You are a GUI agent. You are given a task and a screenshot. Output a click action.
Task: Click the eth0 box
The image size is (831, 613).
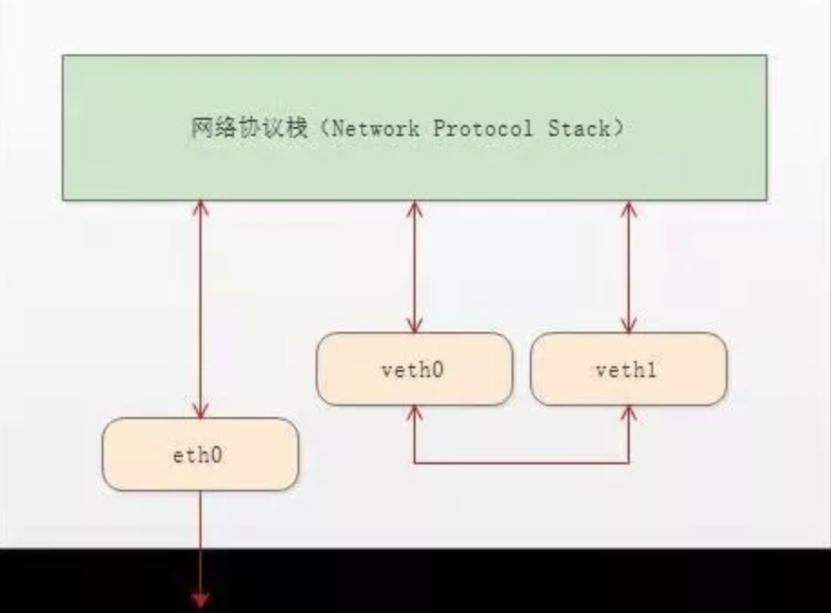click(x=200, y=454)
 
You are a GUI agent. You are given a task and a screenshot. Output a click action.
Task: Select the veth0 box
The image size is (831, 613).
click(x=415, y=369)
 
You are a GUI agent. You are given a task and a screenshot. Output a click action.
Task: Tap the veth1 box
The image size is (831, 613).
click(x=628, y=369)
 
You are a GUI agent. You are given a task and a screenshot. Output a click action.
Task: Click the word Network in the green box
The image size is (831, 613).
click(x=376, y=129)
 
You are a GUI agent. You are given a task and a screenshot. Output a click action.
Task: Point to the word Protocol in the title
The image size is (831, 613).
click(x=482, y=129)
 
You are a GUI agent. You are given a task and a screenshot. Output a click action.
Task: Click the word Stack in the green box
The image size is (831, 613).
click(x=578, y=129)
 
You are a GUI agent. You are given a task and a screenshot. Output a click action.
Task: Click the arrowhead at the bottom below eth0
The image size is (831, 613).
click(x=200, y=599)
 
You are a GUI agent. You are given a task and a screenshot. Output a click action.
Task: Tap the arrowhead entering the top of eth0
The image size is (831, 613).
click(x=200, y=410)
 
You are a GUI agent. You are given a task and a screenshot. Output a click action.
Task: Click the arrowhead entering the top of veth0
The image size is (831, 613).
click(x=415, y=326)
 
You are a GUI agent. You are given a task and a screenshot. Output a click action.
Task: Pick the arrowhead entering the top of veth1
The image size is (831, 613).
click(x=628, y=326)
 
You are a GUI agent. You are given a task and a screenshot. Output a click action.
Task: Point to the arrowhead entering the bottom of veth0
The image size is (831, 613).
click(x=415, y=413)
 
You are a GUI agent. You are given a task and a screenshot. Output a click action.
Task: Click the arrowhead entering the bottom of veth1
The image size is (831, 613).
click(x=628, y=413)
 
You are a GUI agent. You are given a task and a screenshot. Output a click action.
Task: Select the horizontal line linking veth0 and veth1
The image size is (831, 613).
click(x=522, y=462)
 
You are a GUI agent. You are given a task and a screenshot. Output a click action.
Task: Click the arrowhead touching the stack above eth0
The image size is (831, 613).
click(x=200, y=208)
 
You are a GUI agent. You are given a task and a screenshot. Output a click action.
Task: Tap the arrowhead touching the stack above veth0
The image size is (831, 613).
click(x=415, y=208)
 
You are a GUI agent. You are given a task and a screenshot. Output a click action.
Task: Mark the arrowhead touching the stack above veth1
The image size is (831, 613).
click(x=628, y=208)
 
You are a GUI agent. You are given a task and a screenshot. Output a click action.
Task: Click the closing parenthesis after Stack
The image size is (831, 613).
click(x=617, y=129)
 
